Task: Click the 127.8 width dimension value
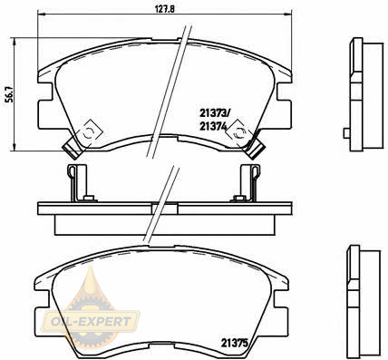(165, 9)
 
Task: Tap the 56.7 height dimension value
(10, 95)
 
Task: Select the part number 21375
(235, 343)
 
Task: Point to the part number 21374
(213, 126)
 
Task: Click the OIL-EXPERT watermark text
(91, 321)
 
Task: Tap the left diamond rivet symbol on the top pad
(90, 132)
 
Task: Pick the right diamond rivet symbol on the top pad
(239, 132)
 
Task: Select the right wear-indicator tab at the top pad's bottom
(257, 149)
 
